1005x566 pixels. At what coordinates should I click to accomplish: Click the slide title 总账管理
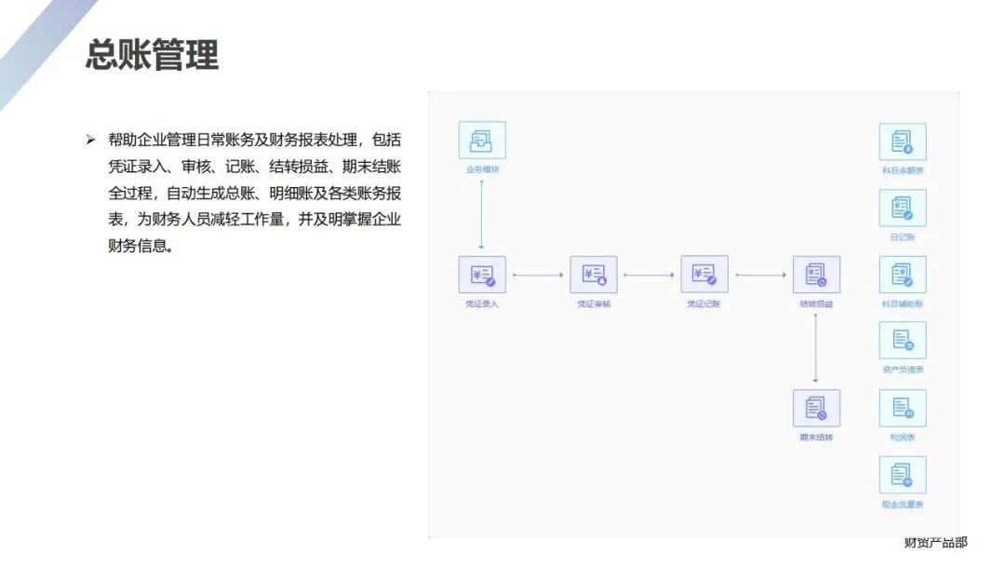152,55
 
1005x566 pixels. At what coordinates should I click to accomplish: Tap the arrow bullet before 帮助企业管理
90,140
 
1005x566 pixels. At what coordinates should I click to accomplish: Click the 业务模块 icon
482,141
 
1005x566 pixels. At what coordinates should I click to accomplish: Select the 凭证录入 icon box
482,275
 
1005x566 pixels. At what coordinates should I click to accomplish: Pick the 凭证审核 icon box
594,275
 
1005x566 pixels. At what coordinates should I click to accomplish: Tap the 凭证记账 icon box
704,275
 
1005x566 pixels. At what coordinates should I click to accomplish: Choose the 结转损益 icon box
816,275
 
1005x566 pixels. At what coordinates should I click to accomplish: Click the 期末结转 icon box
816,408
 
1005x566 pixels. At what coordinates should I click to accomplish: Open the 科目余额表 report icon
903,141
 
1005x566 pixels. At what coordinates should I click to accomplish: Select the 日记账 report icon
903,209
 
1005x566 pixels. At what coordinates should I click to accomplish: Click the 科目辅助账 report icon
903,276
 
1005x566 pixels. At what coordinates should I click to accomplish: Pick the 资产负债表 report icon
903,341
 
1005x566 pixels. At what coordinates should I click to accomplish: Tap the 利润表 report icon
903,408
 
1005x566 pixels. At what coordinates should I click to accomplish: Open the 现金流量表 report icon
903,475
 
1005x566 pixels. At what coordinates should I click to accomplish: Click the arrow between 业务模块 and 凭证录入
481,214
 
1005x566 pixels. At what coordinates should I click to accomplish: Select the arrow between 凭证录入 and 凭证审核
538,275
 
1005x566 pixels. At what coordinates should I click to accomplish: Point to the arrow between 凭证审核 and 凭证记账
649,275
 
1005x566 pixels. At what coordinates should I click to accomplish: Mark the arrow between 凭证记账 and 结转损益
760,275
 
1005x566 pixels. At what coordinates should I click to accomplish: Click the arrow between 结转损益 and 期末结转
815,347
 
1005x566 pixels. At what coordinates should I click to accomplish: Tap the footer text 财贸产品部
935,542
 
